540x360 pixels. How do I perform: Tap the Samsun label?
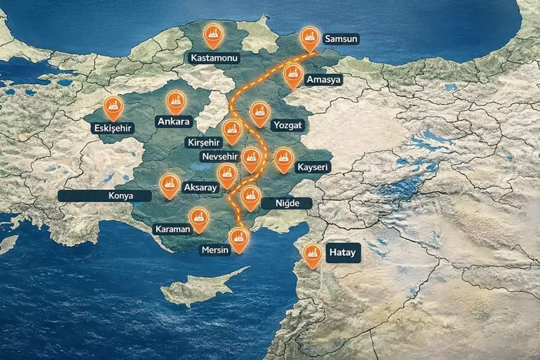point(341,39)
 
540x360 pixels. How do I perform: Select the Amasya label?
point(324,80)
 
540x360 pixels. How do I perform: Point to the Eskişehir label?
point(113,129)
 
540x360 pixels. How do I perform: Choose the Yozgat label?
point(286,125)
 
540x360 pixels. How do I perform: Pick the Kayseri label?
point(314,167)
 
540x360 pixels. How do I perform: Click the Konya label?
point(104,196)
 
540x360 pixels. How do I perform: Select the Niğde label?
point(287,203)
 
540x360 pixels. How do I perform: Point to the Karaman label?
point(173,229)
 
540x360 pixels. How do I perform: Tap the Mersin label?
point(216,250)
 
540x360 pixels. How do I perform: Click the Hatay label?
point(342,252)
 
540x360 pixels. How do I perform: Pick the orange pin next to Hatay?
point(312,254)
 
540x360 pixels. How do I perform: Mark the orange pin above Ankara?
point(175,101)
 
